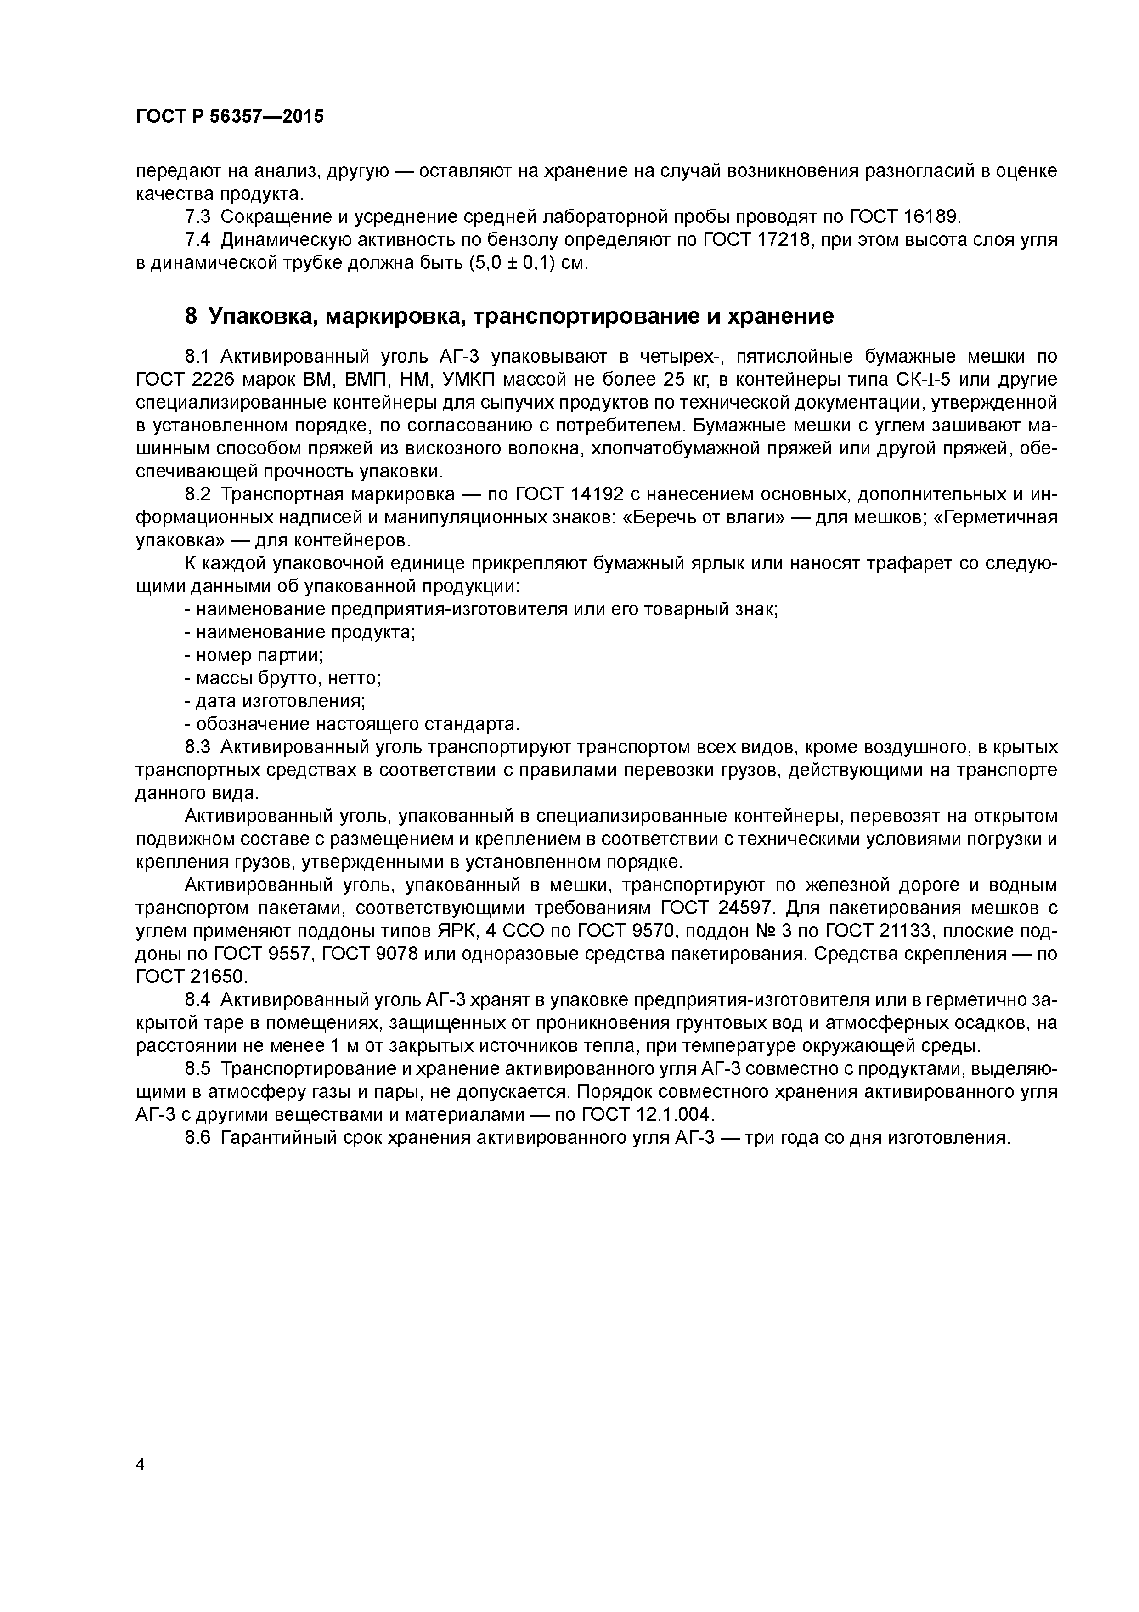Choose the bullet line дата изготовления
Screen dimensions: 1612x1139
[274, 701]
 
